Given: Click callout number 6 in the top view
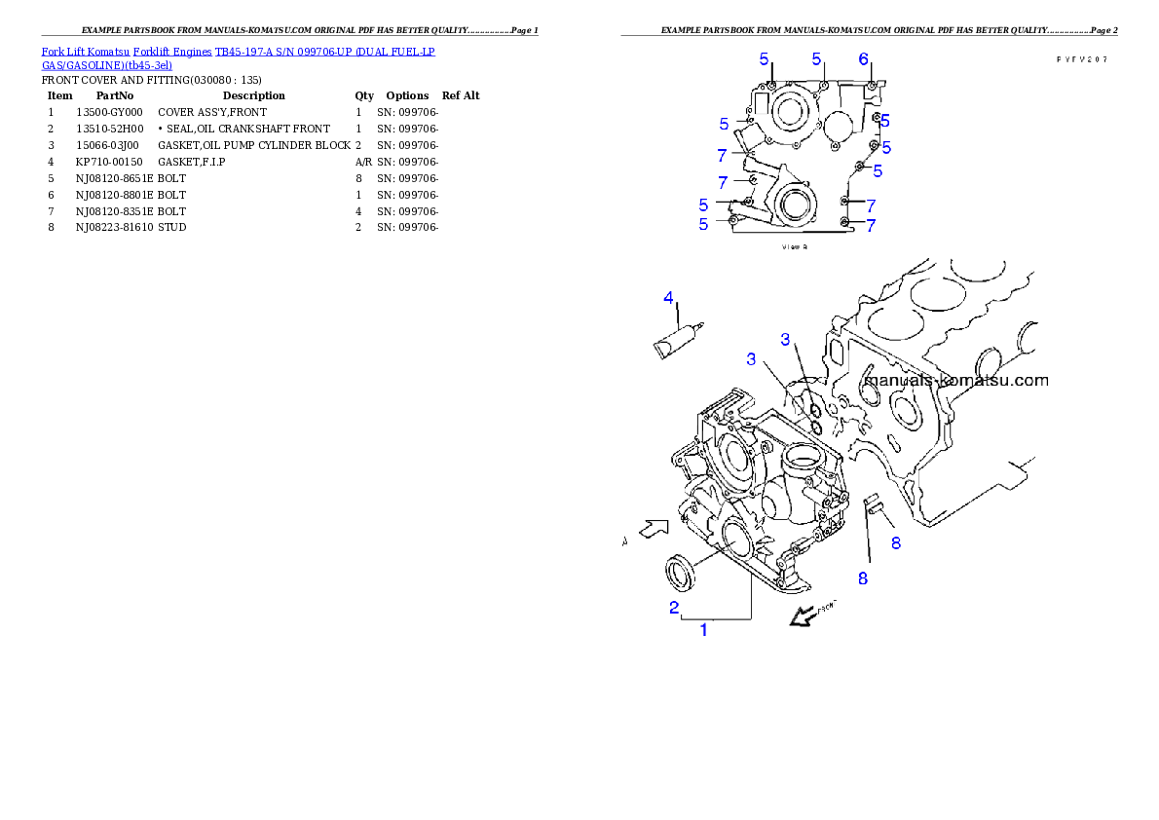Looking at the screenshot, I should click(864, 59).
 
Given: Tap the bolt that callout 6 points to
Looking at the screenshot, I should click(870, 87).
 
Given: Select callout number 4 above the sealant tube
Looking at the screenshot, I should click(669, 297).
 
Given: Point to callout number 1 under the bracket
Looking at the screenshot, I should click(704, 630).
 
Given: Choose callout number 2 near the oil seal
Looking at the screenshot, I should click(673, 608).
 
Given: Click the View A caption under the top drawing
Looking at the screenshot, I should click(795, 247).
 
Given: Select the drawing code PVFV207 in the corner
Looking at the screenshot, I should click(1083, 59).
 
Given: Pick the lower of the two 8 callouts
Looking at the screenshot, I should click(862, 578).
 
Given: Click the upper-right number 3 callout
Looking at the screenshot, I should click(786, 339).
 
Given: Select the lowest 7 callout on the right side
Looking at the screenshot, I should click(871, 225).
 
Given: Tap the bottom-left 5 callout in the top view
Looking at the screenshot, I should click(704, 225).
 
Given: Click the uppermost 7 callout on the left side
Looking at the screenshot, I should click(722, 155).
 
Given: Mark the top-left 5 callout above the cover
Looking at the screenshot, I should click(765, 59).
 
